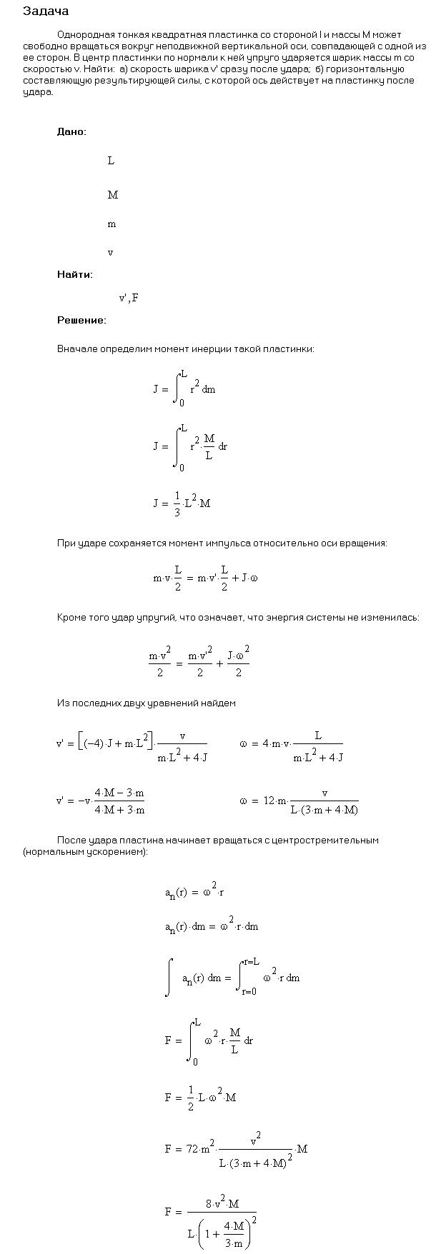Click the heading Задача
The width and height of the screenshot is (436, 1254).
[x=46, y=11]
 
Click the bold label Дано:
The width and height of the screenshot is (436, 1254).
[x=72, y=131]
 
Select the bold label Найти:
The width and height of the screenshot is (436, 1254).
[x=75, y=274]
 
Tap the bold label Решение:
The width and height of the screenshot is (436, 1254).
[x=81, y=320]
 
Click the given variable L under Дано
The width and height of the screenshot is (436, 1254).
[x=111, y=161]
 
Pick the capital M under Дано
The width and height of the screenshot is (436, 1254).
[x=112, y=195]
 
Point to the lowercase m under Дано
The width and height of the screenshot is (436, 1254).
[x=112, y=224]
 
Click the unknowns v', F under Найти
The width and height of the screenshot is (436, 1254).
[x=129, y=298]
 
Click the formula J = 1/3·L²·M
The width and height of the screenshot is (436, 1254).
[x=182, y=503]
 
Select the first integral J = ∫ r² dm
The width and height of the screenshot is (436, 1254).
[x=184, y=389]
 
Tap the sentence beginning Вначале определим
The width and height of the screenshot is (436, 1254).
[x=185, y=349]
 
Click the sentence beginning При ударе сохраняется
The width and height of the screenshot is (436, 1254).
[x=222, y=543]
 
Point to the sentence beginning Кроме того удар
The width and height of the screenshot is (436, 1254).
[x=238, y=617]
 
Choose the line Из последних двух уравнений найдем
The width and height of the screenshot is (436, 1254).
[x=146, y=703]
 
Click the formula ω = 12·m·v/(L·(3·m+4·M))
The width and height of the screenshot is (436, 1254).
[x=299, y=801]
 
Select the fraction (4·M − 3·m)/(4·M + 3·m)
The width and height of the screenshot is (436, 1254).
[x=119, y=801]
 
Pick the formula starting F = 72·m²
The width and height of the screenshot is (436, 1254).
[x=235, y=1149]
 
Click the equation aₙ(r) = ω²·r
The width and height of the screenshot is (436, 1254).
[x=194, y=893]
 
